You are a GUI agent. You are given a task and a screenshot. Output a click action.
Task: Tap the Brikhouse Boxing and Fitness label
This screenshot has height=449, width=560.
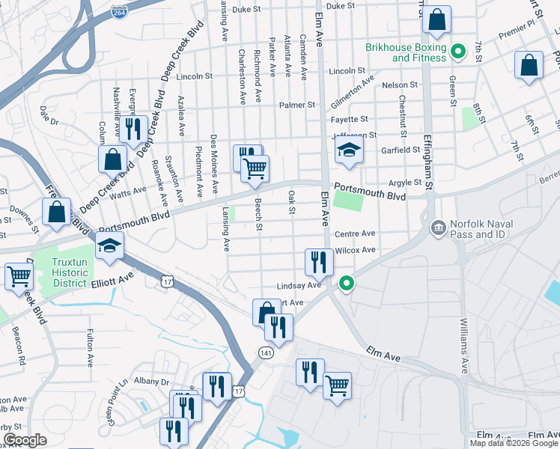pyautogui.click(x=405, y=52)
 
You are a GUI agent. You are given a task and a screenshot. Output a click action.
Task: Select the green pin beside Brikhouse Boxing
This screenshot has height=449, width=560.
pyautogui.click(x=461, y=52)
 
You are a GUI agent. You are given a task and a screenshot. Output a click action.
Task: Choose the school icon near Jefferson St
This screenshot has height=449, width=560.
pyautogui.click(x=349, y=150)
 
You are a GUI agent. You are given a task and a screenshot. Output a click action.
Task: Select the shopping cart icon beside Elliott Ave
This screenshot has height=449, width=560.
pyautogui.click(x=19, y=275)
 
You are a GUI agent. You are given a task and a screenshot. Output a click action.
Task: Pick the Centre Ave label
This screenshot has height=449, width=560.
pyautogui.click(x=355, y=234)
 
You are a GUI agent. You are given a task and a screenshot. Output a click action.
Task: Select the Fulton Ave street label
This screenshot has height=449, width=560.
pyautogui.click(x=90, y=347)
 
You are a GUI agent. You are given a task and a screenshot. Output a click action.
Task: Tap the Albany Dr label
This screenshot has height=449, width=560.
pyautogui.click(x=154, y=382)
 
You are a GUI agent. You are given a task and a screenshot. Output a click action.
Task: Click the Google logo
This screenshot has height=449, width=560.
pyautogui.click(x=24, y=440)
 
